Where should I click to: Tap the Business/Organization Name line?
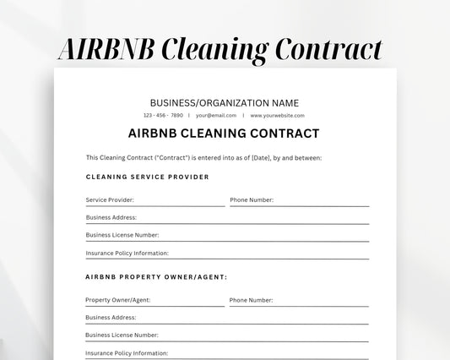(x=224, y=102)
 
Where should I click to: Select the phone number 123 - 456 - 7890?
(x=163, y=115)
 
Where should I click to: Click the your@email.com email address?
(x=216, y=115)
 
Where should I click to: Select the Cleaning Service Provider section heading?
(x=147, y=177)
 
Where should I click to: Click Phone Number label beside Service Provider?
(x=251, y=200)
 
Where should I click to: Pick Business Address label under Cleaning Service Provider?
(x=111, y=217)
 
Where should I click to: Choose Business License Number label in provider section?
(x=122, y=235)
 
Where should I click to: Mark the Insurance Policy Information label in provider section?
(x=127, y=253)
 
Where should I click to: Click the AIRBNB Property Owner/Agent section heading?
(x=156, y=276)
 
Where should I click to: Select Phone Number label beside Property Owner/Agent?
(x=251, y=300)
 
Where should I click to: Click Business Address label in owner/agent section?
(x=111, y=318)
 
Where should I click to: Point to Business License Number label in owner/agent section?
(x=122, y=335)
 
